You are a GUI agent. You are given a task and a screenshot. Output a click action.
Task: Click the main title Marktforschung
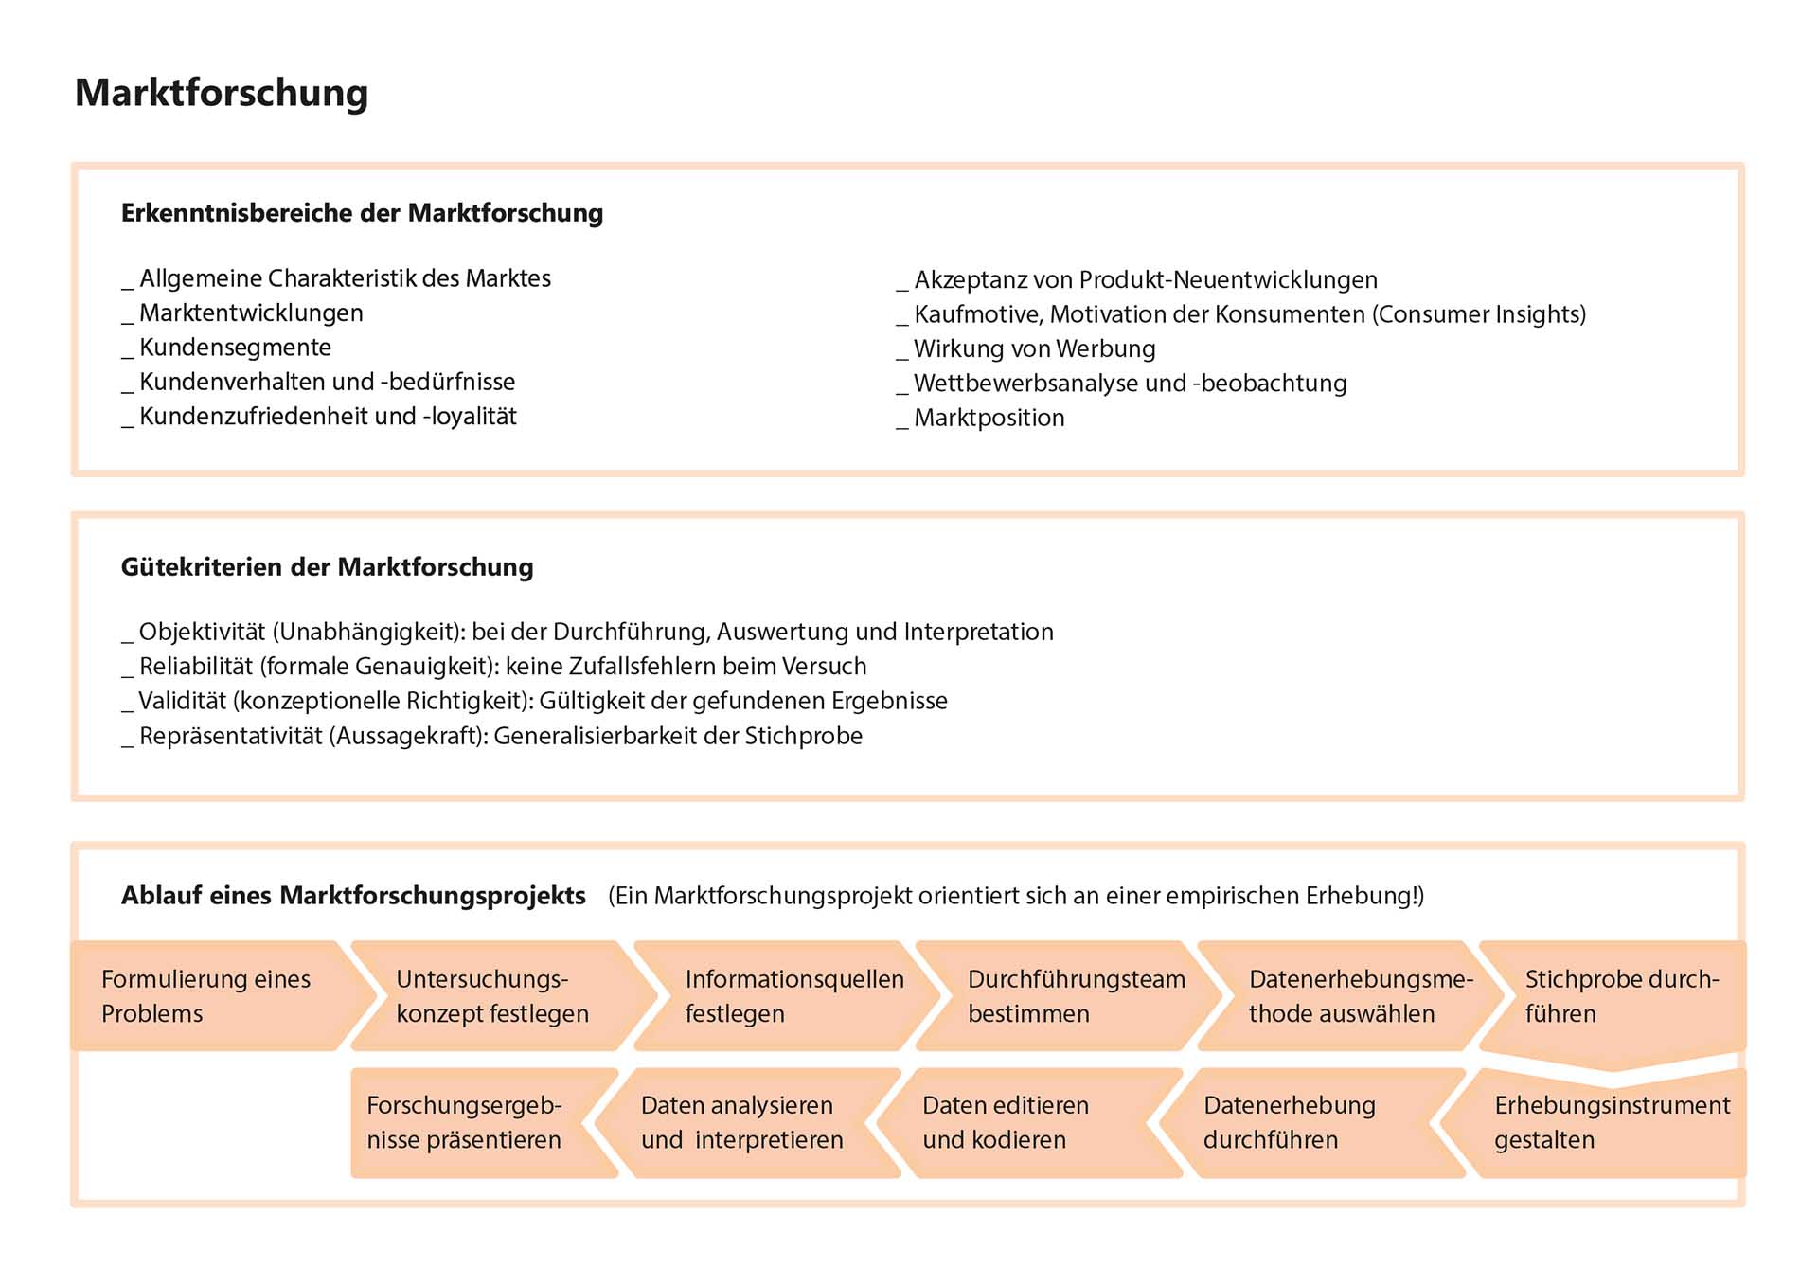tap(222, 93)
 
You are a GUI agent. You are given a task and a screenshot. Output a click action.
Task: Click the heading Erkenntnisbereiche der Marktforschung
tap(362, 213)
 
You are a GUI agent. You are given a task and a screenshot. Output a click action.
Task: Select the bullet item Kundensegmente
tap(235, 348)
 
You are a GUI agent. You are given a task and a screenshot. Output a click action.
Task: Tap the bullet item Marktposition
tap(989, 418)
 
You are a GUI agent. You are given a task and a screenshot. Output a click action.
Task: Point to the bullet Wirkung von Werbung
tap(1034, 348)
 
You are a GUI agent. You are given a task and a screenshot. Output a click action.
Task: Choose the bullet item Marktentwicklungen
tap(251, 313)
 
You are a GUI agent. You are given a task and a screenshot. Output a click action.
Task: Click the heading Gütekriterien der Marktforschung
tap(327, 567)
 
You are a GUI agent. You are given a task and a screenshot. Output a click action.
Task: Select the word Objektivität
tap(202, 632)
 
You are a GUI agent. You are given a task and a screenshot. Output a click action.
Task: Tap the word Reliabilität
tap(196, 667)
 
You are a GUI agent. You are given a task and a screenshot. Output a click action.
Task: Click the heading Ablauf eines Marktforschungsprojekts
tap(353, 896)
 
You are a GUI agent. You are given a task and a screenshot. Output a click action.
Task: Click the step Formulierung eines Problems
tap(205, 996)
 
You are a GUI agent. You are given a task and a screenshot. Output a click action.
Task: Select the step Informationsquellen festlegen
tap(793, 996)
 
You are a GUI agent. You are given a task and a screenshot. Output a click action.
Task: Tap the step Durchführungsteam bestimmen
tap(1076, 996)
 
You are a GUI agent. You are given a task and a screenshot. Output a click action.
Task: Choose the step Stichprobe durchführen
tap(1621, 996)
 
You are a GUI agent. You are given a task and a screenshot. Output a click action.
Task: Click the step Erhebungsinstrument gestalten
tap(1612, 1122)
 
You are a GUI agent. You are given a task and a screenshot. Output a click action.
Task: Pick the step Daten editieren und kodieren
tap(1006, 1122)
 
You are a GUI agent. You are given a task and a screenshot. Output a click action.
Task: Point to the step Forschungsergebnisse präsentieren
tap(464, 1122)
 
